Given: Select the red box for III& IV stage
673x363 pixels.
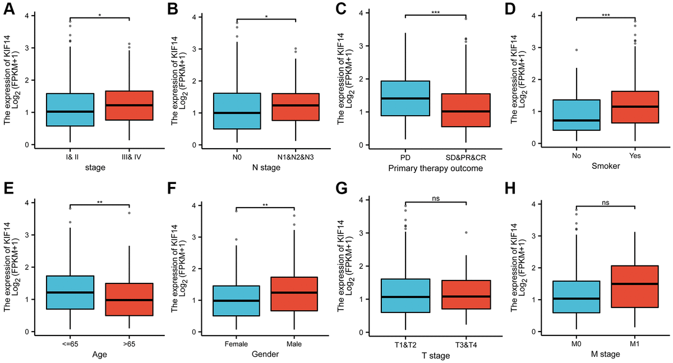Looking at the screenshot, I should pyautogui.click(x=129, y=105).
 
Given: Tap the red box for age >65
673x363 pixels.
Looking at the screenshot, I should pyautogui.click(x=129, y=299).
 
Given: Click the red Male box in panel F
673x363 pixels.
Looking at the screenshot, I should pyautogui.click(x=298, y=294).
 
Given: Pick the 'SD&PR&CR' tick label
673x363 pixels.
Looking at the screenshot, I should pyautogui.click(x=466, y=156).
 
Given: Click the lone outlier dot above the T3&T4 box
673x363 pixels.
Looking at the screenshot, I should pyautogui.click(x=466, y=232).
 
